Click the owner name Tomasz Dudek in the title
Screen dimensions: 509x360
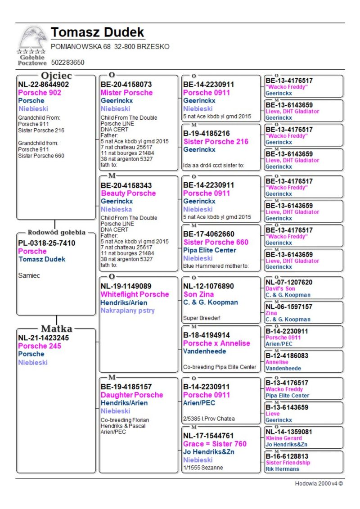pos(98,32)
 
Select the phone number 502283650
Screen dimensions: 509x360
pos(68,62)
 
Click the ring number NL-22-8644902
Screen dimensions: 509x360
pos(43,84)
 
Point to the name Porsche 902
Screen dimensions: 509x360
pos(40,93)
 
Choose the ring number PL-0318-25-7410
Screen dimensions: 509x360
pos(46,243)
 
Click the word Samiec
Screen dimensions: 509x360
pos(29,275)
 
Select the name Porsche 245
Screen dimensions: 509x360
pos(40,346)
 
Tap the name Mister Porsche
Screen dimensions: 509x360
pos(126,93)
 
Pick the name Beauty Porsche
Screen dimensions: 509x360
pos(128,193)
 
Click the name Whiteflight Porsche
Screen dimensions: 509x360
pos(135,294)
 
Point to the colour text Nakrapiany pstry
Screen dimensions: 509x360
pos(127,311)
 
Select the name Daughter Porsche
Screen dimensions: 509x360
pos(132,395)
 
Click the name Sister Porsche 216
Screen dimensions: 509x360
pos(216,141)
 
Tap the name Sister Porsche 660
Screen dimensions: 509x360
pos(216,242)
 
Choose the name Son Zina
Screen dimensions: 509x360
pos(198,294)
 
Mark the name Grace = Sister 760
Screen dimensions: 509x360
pos(215,444)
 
